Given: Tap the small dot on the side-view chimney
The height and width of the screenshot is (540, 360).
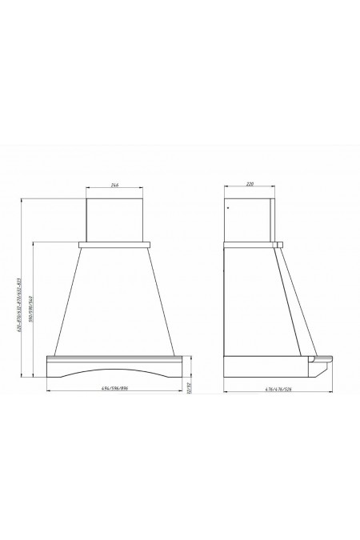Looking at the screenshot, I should pyautogui.click(x=228, y=210).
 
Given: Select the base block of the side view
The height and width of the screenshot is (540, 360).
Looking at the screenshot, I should pyautogui.click(x=264, y=366).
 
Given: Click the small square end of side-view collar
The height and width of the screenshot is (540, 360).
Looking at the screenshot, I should pyautogui.click(x=278, y=242).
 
